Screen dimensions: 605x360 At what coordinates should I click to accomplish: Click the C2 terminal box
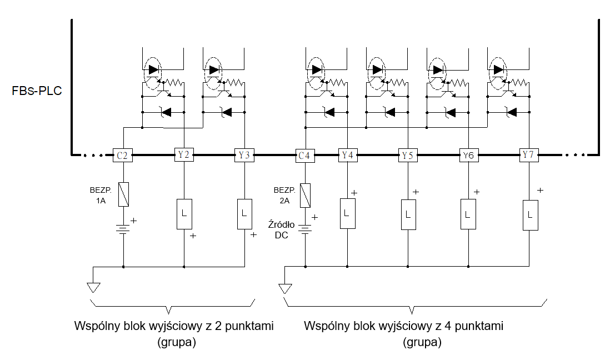coord(123,155)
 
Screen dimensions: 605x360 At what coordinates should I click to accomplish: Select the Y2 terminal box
coord(184,154)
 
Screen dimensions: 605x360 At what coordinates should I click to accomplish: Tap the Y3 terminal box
coord(244,155)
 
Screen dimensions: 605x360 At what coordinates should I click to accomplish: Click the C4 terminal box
coord(305,156)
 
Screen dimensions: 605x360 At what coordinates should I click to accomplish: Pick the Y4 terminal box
coord(348,155)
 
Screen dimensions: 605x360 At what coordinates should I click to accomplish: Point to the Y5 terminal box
coord(408,155)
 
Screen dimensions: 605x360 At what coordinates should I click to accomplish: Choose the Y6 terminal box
coord(468,155)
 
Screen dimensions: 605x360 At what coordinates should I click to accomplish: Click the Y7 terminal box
coord(528,154)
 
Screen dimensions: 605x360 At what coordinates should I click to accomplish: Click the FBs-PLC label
coord(37,91)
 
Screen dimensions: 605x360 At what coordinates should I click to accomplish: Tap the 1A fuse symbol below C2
coord(123,194)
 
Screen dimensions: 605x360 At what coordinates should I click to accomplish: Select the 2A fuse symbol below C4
coord(305,195)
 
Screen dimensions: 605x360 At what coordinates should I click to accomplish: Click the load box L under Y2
coord(184,214)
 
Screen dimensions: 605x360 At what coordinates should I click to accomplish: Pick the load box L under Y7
coord(531,215)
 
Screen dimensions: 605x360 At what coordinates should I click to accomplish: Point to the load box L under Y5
coord(408,214)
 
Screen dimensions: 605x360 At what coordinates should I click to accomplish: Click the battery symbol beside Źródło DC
coord(305,229)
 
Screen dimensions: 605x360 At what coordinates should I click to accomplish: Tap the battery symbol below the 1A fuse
coord(123,229)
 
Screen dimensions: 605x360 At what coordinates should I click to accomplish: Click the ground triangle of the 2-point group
coord(93,287)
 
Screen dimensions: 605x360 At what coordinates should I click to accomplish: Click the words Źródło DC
coord(282,229)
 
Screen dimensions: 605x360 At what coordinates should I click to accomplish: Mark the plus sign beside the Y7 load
coord(540,190)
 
